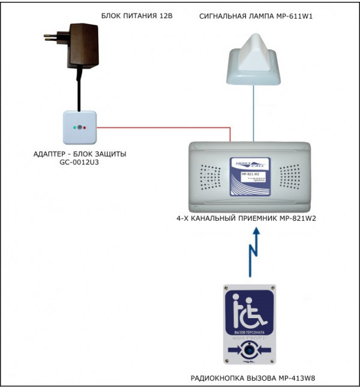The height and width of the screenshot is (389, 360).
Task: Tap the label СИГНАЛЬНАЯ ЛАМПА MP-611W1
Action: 256,16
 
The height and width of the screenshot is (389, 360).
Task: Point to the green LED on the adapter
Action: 74,128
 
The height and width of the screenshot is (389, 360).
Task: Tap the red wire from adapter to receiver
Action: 162,127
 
